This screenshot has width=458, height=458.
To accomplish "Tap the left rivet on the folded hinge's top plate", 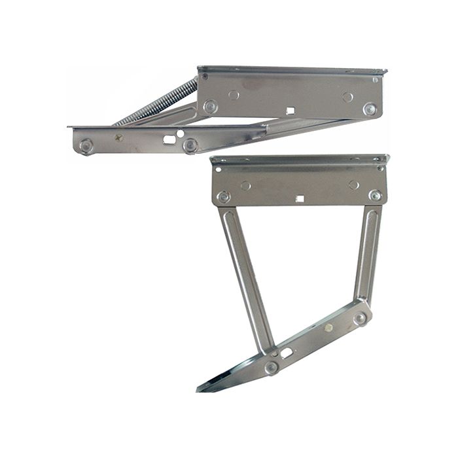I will tap(211, 106).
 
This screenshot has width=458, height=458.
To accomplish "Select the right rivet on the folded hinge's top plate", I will tap(370, 109).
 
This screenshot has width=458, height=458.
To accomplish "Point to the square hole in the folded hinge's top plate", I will tap(289, 110).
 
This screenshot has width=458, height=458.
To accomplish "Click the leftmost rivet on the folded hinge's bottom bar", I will tap(86, 145).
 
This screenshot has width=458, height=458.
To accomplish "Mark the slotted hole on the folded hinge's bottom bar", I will tap(169, 138).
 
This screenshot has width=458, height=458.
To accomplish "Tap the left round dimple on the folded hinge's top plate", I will tap(234, 95).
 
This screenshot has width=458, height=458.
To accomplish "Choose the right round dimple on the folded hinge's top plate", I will tap(347, 97).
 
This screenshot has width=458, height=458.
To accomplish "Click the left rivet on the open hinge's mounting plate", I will tap(224, 196).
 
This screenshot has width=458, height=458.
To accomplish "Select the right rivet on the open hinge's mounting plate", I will tap(375, 196).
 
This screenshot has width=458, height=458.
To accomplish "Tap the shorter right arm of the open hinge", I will tap(368, 255).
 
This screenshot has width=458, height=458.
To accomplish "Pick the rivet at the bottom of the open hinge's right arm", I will tap(360, 319).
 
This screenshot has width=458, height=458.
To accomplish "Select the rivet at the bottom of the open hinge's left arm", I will tap(271, 367).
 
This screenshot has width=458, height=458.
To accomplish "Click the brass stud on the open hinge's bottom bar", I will tap(328, 328).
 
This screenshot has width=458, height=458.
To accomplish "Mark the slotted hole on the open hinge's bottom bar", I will tap(287, 353).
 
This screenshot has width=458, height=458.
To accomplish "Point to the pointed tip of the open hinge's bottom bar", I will tap(200, 390).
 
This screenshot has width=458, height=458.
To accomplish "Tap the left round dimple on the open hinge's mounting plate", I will tap(245, 185).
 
